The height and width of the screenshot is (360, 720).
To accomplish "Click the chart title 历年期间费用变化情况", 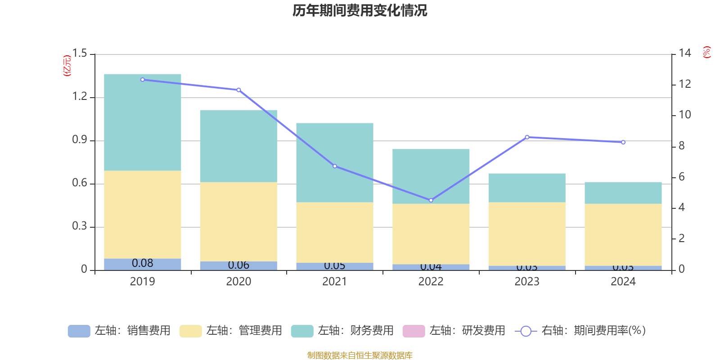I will (360, 10).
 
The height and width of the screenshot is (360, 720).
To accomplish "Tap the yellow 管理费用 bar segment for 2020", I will (238, 221).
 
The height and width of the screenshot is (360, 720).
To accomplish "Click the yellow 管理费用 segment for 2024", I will (623, 234).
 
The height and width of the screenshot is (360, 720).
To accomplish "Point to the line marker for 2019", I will (143, 80).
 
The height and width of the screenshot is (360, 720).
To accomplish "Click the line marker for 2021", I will (335, 166).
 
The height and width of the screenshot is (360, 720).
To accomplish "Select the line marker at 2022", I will (431, 200).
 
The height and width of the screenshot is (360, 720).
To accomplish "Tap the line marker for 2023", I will (527, 137).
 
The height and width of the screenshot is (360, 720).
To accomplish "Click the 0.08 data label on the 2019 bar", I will (143, 263).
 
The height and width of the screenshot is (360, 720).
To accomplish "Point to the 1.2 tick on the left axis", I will (80, 96).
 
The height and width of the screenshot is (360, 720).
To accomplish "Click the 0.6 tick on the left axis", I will (80, 183).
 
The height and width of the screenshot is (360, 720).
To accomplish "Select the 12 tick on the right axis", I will (685, 84).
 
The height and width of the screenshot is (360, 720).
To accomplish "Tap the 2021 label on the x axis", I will (335, 282).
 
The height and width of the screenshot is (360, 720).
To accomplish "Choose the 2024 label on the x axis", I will (623, 282).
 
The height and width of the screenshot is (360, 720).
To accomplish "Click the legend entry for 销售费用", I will (120, 331).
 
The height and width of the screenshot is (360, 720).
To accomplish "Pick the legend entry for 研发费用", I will (454, 331).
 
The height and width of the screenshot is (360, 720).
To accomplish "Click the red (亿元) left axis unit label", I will (67, 66).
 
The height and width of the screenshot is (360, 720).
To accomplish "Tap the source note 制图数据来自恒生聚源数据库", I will (360, 355).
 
